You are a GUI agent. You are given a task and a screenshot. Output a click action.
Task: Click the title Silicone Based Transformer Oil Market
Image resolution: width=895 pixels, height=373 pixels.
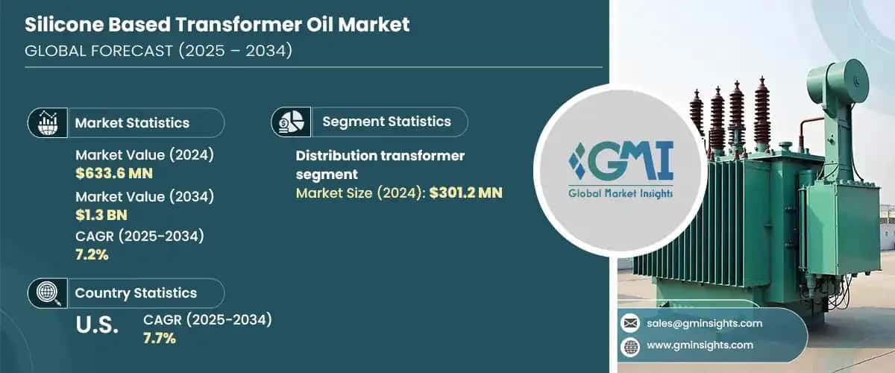pyautogui.click(x=217, y=25)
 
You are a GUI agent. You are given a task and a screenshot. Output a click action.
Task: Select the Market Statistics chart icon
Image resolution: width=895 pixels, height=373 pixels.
pyautogui.click(x=47, y=122)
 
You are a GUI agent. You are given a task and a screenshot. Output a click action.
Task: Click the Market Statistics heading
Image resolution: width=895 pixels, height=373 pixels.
pyautogui.click(x=132, y=123)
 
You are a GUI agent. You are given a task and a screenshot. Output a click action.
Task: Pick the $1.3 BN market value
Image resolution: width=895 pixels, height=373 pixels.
pyautogui.click(x=102, y=216)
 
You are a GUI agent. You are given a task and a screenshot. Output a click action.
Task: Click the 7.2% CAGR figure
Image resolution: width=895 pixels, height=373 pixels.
pyautogui.click(x=92, y=256)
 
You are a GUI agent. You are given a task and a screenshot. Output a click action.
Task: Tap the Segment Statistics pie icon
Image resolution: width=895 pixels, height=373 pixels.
pyautogui.click(x=291, y=122)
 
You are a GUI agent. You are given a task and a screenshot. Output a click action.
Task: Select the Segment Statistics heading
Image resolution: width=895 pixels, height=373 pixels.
pyautogui.click(x=386, y=122)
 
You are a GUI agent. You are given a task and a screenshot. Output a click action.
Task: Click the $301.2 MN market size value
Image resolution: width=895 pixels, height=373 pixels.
pyautogui.click(x=466, y=193)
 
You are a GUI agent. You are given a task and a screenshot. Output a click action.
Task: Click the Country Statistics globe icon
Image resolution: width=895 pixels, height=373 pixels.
pyautogui.click(x=47, y=292)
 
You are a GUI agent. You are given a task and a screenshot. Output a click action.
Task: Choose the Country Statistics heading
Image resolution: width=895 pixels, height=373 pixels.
pyautogui.click(x=136, y=293)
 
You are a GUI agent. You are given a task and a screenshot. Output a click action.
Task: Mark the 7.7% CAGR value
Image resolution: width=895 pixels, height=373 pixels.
pyautogui.click(x=160, y=338)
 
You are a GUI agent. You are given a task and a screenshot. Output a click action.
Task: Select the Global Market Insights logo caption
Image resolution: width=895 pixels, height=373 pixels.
pyautogui.click(x=621, y=193)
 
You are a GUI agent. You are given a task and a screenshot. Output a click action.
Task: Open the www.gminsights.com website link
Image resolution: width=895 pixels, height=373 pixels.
pyautogui.click(x=700, y=345)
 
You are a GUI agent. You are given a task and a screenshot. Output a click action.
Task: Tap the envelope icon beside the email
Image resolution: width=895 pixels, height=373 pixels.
pyautogui.click(x=630, y=323)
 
